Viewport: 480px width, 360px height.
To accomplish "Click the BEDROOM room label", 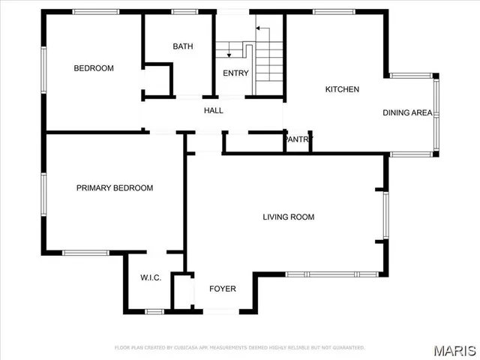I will click(94, 68).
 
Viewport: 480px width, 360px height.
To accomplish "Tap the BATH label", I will click(183, 46).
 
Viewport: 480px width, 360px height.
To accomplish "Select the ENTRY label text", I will click(235, 73).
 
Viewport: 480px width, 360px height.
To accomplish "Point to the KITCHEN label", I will click(342, 89).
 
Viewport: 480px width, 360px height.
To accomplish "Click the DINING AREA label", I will click(407, 113).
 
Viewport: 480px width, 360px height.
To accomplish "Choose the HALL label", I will click(214, 110).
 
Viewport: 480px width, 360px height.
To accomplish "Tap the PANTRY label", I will click(298, 139).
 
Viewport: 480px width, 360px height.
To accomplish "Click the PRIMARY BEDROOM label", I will click(115, 188).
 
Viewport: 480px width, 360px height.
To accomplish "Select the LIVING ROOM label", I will click(288, 217).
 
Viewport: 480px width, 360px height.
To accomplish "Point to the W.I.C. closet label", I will click(151, 278).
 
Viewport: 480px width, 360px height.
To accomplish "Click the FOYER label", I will click(222, 289).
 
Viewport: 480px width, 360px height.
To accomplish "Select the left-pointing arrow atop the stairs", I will click(259, 28).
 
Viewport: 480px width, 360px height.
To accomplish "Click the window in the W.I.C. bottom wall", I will click(154, 310).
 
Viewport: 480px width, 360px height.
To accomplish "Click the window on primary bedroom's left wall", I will click(45, 196).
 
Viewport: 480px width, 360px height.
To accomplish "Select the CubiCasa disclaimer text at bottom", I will click(240, 347).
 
